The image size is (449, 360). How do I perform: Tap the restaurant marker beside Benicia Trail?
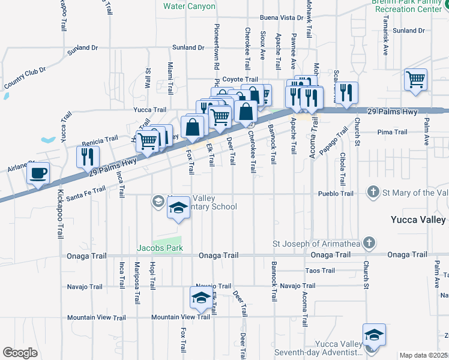click(x=88, y=156)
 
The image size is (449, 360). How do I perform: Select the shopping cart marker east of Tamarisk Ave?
click(x=415, y=79)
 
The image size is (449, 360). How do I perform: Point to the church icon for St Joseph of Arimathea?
click(x=369, y=244)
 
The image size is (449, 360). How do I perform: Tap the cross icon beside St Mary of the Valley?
click(x=373, y=193)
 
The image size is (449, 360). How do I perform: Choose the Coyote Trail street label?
click(x=240, y=79)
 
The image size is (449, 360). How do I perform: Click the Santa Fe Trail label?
click(x=86, y=193)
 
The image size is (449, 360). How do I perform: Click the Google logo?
click(x=20, y=353)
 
